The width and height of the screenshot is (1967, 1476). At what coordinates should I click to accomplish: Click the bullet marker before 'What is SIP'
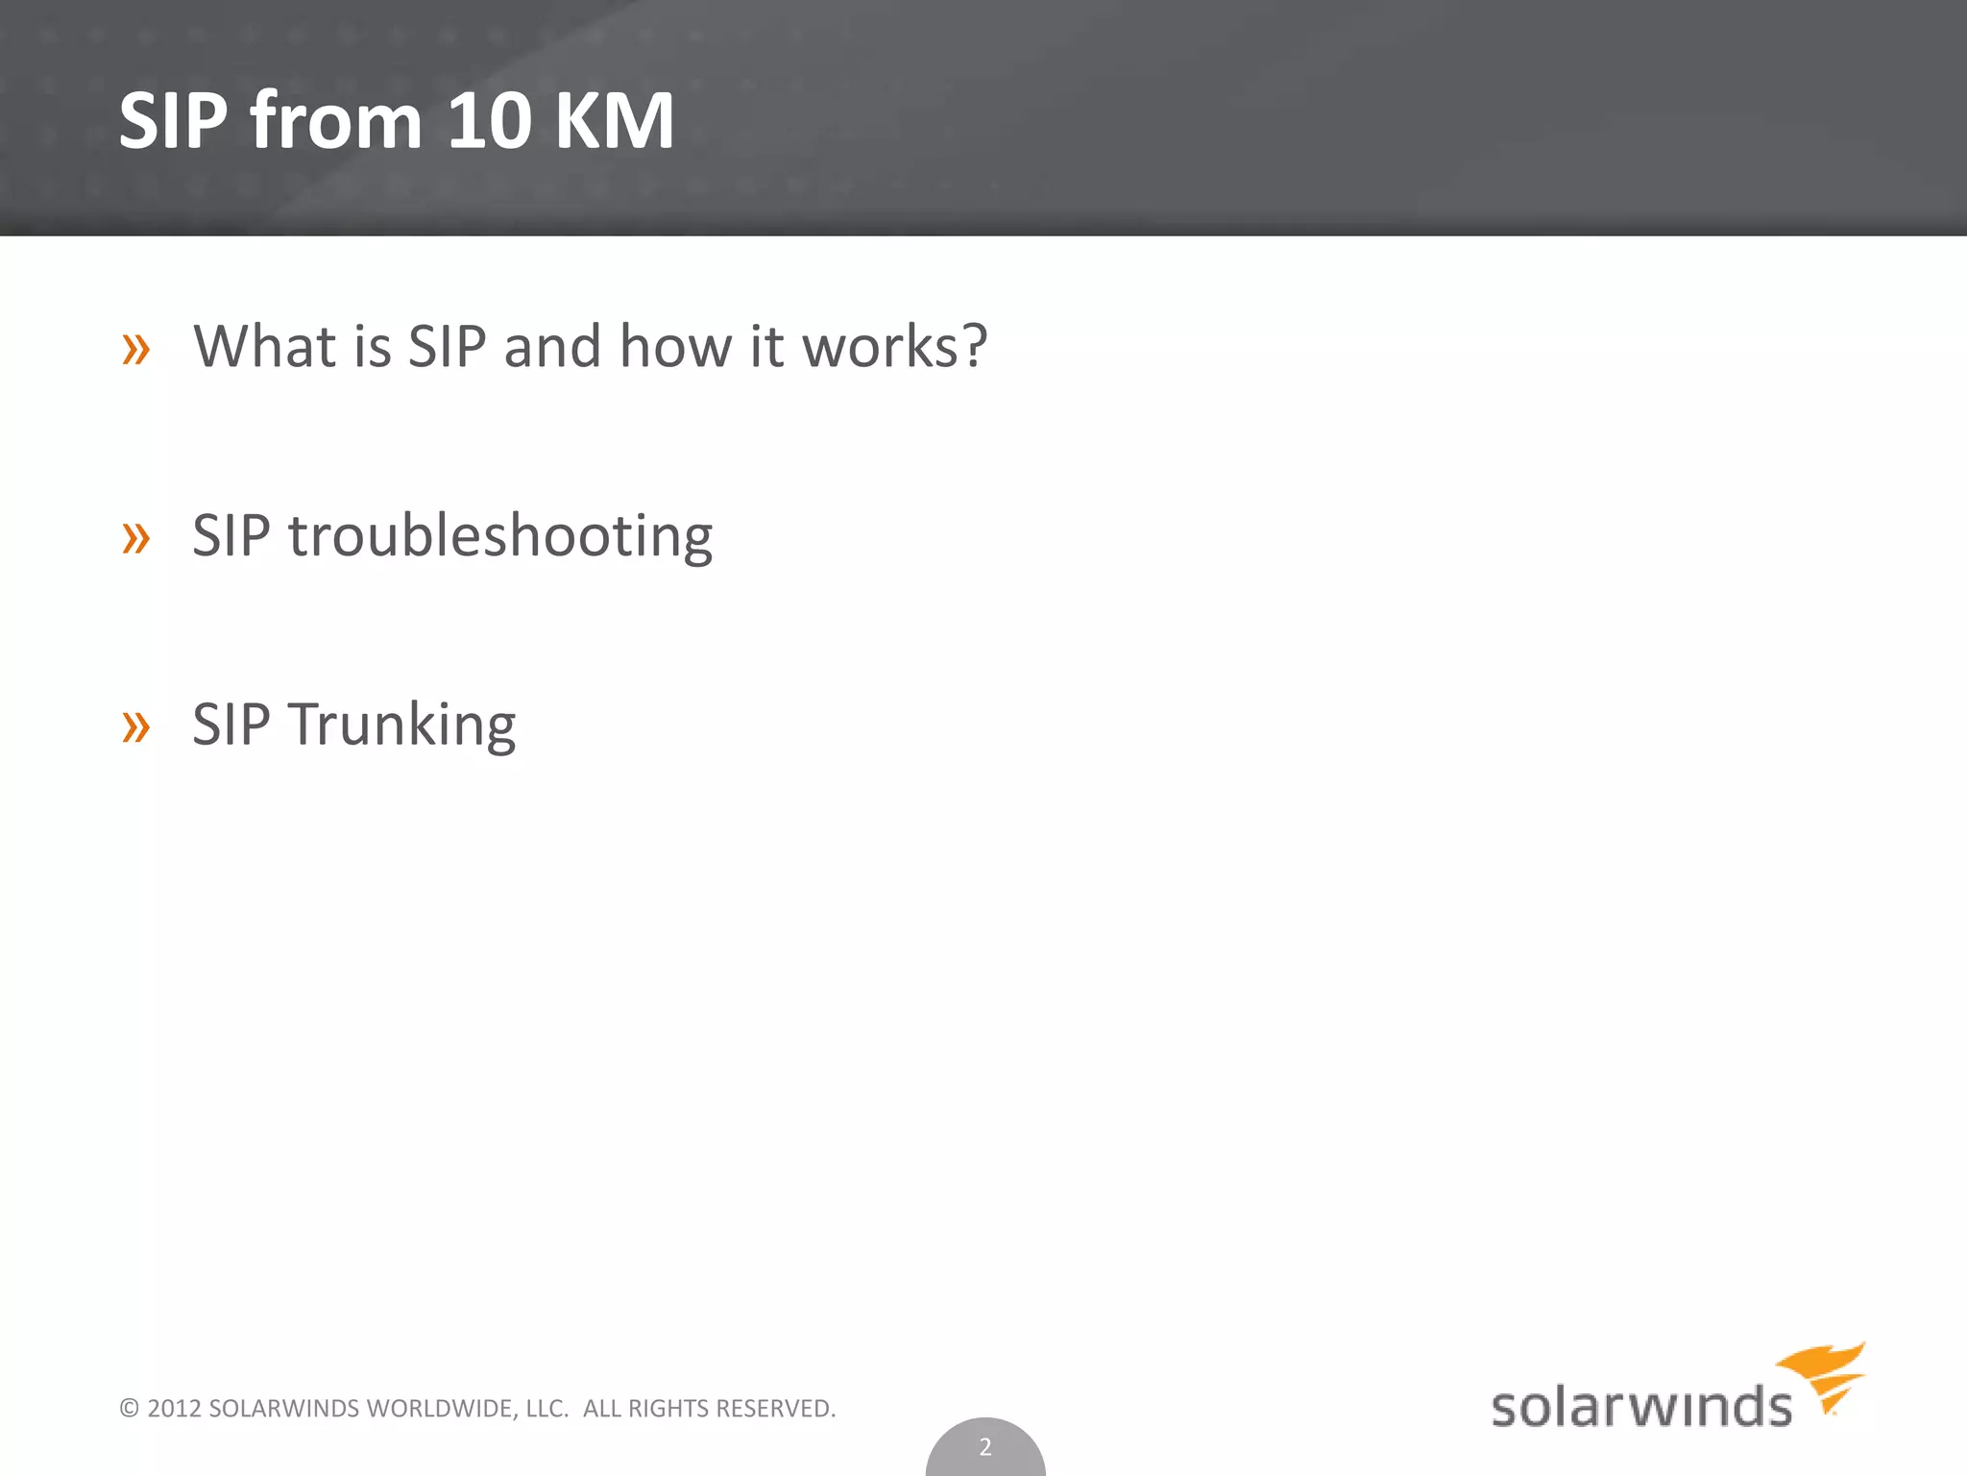click(136, 349)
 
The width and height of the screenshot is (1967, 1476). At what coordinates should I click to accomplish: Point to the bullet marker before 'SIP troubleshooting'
click(136, 537)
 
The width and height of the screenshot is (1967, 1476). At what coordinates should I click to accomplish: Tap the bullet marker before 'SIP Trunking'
click(136, 726)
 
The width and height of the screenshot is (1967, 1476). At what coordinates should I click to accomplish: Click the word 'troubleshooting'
click(500, 535)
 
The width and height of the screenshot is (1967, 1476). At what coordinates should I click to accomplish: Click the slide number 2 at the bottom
click(984, 1446)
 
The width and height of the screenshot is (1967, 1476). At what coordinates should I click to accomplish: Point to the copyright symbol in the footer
click(130, 1409)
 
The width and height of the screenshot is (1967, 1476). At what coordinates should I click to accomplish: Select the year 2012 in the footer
click(174, 1409)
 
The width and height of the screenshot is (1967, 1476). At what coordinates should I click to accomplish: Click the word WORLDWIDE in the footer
click(443, 1409)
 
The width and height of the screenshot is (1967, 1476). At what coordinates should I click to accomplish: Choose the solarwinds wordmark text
click(1640, 1407)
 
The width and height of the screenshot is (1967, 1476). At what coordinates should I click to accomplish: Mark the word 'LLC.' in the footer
click(547, 1409)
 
